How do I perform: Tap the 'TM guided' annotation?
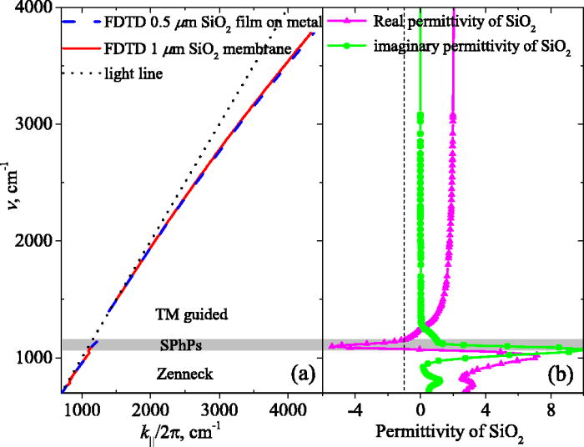pyautogui.click(x=191, y=315)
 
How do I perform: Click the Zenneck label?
pyautogui.click(x=191, y=374)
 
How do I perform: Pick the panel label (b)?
pyautogui.click(x=558, y=374)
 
